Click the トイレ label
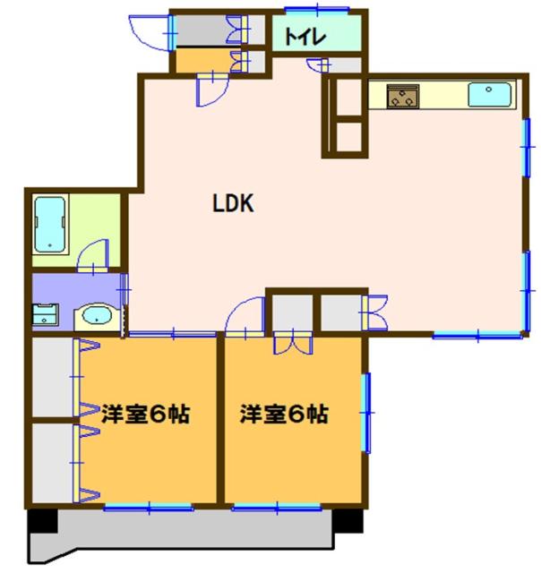point(305,38)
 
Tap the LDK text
point(234,205)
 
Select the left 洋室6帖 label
point(144,415)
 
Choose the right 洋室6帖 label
point(283,415)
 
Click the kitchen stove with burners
point(403,95)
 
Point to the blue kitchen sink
point(489,93)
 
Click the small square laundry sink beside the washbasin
point(44,315)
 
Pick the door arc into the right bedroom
point(242,315)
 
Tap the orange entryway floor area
point(202,61)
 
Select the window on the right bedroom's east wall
point(365,412)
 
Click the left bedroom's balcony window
point(148,508)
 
